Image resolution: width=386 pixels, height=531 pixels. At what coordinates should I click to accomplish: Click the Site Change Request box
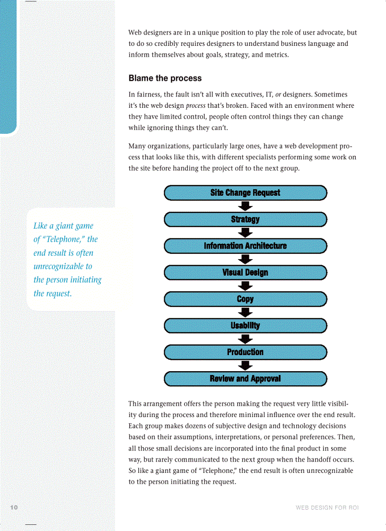pyautogui.click(x=245, y=193)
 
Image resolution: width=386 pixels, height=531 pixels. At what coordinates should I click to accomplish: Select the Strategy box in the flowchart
pyautogui.click(x=245, y=219)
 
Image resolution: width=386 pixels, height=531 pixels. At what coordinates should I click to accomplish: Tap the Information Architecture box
pyautogui.click(x=245, y=246)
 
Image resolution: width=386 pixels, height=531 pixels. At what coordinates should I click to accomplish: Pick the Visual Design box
pyautogui.click(x=245, y=272)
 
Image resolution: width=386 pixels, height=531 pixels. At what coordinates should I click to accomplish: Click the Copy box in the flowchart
pyautogui.click(x=245, y=299)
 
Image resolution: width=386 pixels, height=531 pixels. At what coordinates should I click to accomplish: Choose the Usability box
pyautogui.click(x=245, y=325)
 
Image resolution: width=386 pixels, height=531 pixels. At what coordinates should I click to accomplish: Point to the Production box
pyautogui.click(x=245, y=352)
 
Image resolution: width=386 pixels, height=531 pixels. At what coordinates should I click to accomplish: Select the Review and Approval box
pyautogui.click(x=245, y=379)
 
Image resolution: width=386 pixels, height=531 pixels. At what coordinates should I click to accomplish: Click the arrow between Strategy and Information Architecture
pyautogui.click(x=245, y=233)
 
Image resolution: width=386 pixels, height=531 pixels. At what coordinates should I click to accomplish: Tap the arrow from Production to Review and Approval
pyautogui.click(x=245, y=366)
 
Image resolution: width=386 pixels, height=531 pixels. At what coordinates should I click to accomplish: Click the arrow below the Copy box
pyautogui.click(x=245, y=312)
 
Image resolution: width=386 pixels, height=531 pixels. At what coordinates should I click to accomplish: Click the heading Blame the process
pyautogui.click(x=165, y=78)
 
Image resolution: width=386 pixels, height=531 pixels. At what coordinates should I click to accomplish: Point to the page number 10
pyautogui.click(x=14, y=507)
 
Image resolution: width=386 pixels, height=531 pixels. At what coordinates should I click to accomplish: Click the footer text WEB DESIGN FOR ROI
pyautogui.click(x=327, y=508)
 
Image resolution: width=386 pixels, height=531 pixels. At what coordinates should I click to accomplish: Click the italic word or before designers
pyautogui.click(x=278, y=95)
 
